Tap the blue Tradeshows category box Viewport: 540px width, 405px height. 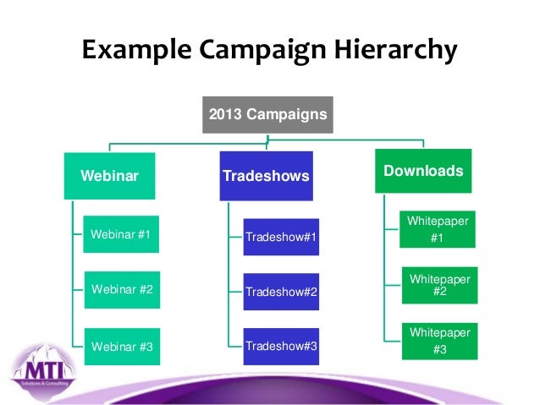[x=266, y=176]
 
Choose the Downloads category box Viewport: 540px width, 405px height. [x=423, y=172]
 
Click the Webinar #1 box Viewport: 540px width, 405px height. [x=121, y=234]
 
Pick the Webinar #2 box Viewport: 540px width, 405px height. [x=121, y=289]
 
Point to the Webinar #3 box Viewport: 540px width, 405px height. [x=121, y=345]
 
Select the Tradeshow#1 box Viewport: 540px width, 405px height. [x=281, y=238]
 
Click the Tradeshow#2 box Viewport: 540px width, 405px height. [x=281, y=292]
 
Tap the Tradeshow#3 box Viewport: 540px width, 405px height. [x=281, y=347]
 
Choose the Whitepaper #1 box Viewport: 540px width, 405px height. [x=438, y=229]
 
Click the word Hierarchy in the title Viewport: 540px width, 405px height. [x=390, y=52]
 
